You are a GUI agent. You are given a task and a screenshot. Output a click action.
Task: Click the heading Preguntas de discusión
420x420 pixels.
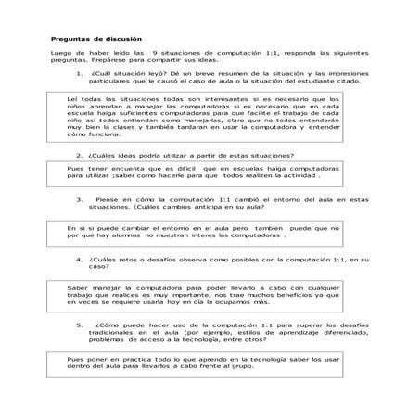coord(96,39)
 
